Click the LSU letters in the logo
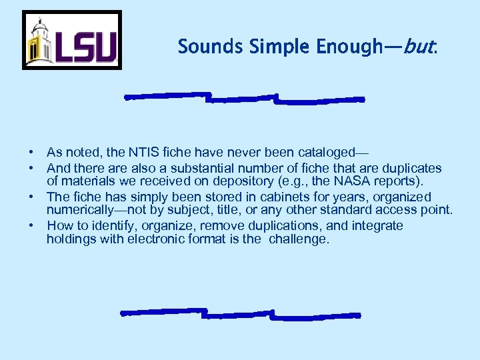[85, 47]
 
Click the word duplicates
[413, 168]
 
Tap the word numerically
[79, 210]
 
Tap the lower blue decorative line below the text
[240, 313]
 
